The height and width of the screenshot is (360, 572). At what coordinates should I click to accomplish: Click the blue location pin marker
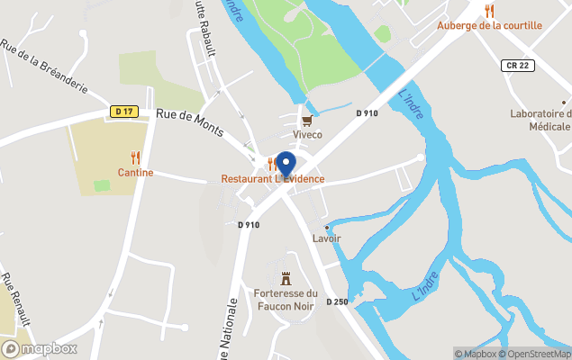286,165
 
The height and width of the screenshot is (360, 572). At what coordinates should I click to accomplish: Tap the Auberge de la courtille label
489,25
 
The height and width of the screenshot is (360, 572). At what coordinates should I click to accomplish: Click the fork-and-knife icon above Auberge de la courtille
489,11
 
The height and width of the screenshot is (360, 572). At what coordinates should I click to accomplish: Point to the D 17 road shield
124,112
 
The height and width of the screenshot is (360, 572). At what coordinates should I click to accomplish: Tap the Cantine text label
135,172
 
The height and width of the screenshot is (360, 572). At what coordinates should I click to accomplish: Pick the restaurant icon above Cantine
135,157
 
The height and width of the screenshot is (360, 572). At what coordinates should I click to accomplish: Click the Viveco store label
307,134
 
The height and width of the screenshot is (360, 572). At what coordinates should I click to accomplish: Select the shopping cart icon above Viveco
307,120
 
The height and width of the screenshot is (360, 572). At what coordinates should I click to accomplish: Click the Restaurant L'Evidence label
273,179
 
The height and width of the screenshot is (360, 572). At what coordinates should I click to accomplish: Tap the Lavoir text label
326,238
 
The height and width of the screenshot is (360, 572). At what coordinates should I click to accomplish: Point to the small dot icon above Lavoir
326,227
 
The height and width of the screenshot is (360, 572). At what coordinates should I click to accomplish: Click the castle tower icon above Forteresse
286,277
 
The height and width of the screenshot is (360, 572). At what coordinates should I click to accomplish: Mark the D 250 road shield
337,301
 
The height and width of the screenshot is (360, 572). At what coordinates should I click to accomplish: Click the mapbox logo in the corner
40,348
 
